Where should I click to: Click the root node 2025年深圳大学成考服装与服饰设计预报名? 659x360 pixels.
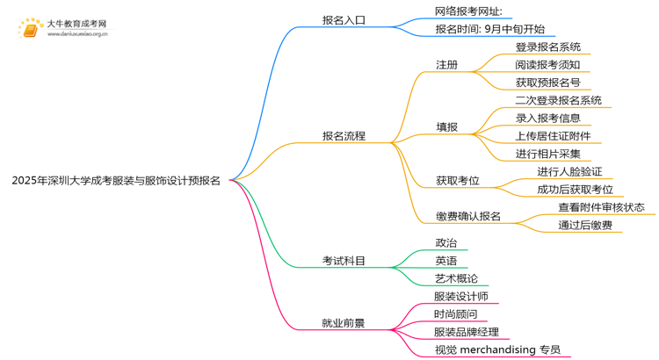(116, 181)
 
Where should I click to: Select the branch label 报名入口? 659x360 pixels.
(344, 20)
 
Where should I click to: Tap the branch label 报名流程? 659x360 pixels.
(344, 136)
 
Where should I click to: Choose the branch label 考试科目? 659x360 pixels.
(344, 261)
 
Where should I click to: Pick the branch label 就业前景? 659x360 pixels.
(344, 323)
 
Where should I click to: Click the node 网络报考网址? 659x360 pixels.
(468, 11)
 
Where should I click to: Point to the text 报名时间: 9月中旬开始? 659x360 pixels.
(489, 29)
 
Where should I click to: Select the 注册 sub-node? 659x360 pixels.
(446, 65)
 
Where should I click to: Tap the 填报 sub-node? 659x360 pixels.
(446, 127)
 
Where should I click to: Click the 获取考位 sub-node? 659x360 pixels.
(458, 181)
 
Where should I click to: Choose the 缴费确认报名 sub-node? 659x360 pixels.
(468, 216)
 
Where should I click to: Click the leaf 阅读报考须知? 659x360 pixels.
(547, 65)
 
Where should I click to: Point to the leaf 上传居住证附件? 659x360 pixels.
(553, 136)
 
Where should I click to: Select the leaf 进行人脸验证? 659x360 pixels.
(569, 172)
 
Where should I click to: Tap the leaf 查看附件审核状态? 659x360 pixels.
(601, 207)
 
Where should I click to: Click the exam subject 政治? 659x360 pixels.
(446, 243)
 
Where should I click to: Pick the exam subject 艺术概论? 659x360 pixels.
(457, 278)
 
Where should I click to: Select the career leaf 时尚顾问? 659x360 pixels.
(456, 314)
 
